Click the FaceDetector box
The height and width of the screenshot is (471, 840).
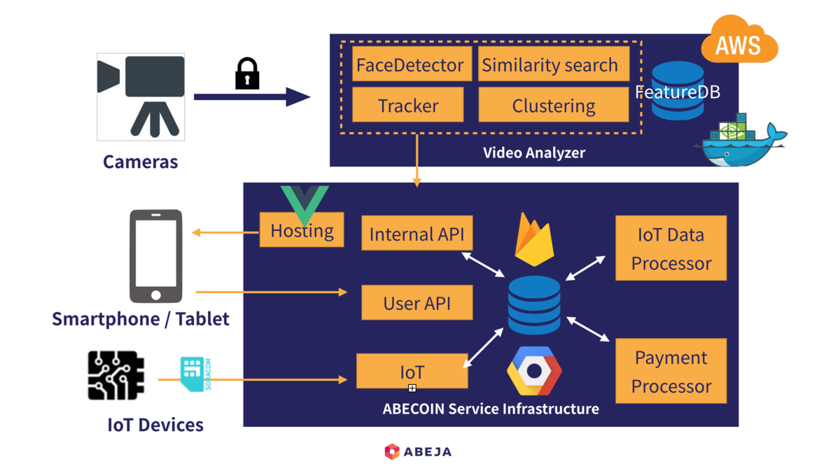tap(409, 65)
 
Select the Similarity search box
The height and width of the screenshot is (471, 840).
tap(550, 65)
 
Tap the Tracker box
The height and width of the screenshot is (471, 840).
tap(408, 106)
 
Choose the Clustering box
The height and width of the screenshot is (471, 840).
tap(554, 106)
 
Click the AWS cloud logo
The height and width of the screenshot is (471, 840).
tap(738, 42)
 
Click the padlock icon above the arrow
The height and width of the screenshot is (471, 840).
tap(246, 73)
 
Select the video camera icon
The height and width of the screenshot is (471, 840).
tap(141, 95)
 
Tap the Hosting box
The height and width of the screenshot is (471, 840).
tap(302, 230)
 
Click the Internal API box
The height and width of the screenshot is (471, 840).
tap(416, 234)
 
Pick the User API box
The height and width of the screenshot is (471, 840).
tap(416, 303)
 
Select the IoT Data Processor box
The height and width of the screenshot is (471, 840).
tap(671, 248)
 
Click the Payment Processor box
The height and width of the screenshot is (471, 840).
tap(671, 372)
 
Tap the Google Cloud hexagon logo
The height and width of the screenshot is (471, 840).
tap(534, 371)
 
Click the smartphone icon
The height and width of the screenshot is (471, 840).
tap(156, 255)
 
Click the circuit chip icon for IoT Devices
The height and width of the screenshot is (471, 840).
tap(116, 376)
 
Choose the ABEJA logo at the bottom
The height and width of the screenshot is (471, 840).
tap(418, 451)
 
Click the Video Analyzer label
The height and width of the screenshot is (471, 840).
tap(534, 153)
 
